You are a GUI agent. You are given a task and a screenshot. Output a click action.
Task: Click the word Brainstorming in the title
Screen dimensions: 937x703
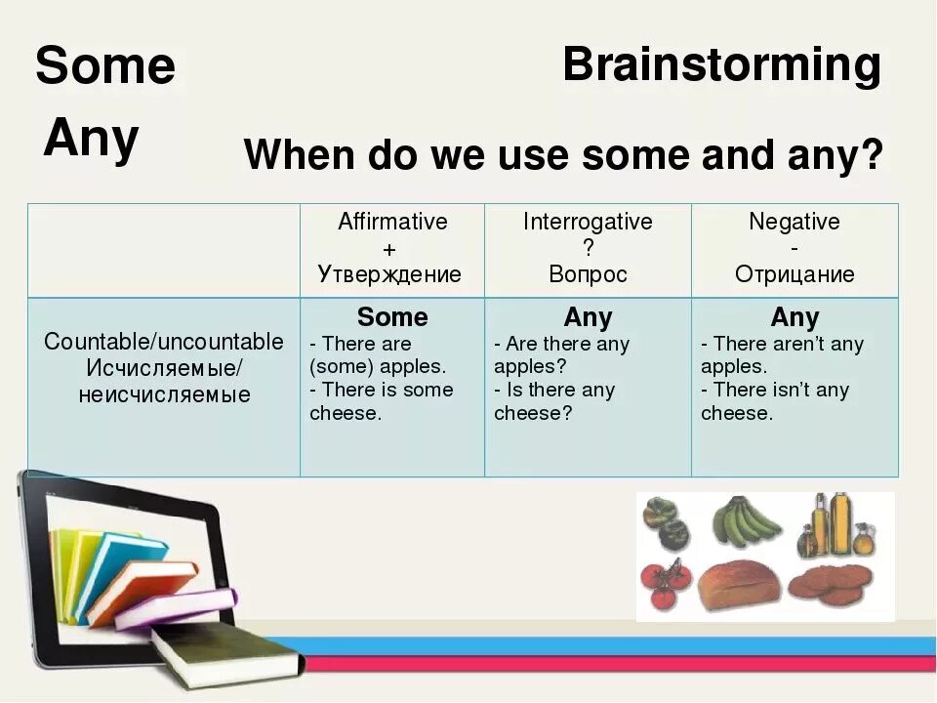click(x=721, y=65)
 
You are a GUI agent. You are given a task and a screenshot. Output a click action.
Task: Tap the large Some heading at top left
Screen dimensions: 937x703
click(x=105, y=66)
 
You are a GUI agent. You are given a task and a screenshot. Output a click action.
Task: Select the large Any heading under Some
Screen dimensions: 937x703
click(x=91, y=140)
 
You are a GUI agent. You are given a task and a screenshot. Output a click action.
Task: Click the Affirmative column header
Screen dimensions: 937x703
click(x=392, y=222)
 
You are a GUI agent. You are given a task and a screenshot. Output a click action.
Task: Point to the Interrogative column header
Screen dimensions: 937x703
click(x=588, y=222)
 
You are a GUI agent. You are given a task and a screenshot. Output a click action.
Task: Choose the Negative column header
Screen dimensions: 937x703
click(x=794, y=222)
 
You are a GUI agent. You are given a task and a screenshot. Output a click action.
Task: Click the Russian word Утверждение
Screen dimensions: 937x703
click(x=389, y=274)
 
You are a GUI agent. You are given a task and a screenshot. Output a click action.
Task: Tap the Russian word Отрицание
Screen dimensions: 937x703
click(x=794, y=274)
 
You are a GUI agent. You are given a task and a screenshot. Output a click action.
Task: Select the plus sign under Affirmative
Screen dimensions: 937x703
click(x=390, y=249)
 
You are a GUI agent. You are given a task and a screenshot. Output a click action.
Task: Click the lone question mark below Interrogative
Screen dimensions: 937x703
click(x=588, y=249)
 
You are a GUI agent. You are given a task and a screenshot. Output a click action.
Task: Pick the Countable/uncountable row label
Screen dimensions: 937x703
click(x=164, y=342)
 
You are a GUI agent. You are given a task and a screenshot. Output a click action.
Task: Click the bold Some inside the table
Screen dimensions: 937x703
click(x=392, y=317)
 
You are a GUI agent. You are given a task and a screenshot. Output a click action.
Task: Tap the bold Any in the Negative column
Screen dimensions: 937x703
click(x=794, y=317)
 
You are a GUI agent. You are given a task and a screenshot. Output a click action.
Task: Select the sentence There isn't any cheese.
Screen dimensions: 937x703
click(x=774, y=401)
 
